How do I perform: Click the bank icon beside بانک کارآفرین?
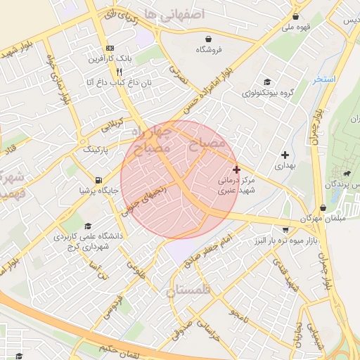[x=109, y=48]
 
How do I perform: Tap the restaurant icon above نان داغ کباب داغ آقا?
[x=119, y=72]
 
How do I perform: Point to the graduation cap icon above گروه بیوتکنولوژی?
[x=266, y=82]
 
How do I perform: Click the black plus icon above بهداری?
[x=285, y=155]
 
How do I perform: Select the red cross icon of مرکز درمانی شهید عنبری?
[x=236, y=169]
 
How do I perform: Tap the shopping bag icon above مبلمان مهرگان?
[x=323, y=207]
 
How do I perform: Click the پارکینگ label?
[x=97, y=150]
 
